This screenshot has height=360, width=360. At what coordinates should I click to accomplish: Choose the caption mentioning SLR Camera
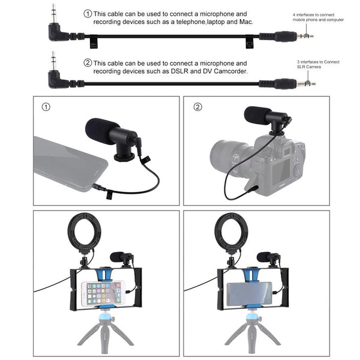pyautogui.click(x=314, y=65)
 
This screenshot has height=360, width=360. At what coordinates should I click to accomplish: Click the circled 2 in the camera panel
pyautogui.click(x=199, y=107)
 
